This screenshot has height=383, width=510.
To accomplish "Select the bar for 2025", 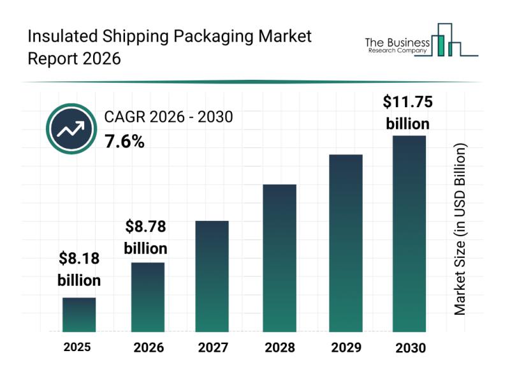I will tap(79, 315).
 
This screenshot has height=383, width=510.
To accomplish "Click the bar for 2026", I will tap(148, 297).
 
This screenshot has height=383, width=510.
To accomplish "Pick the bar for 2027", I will tap(212, 276).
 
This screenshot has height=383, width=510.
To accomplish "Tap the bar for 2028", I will tap(279, 258).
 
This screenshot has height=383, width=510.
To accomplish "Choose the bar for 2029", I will tap(346, 243).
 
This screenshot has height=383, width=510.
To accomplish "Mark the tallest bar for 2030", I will tap(409, 234).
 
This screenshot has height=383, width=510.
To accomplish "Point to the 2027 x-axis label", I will tap(213, 348).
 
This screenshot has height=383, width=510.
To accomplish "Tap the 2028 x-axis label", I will tap(279, 348).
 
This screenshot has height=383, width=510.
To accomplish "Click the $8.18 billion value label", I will tap(79, 269).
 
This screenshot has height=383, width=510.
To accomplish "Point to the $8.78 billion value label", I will tap(145, 236).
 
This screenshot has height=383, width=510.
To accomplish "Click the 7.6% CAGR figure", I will tap(124, 142).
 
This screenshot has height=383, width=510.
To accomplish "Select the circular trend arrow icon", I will tap(70, 130).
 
